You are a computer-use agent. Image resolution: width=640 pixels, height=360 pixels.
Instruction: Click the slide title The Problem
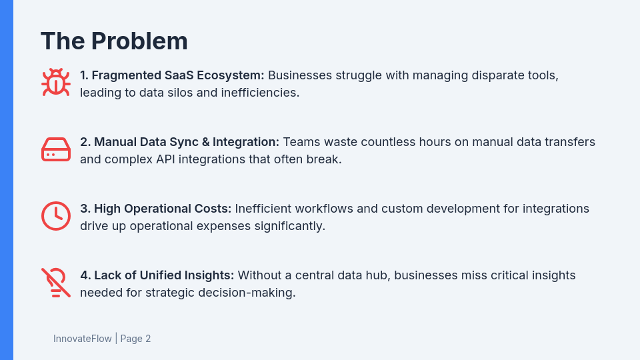(x=114, y=41)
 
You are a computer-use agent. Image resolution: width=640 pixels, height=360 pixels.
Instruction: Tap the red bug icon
(x=56, y=83)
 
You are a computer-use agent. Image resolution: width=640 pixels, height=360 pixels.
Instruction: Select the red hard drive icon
(x=56, y=149)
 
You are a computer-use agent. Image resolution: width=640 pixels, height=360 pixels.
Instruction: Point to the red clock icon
(x=56, y=216)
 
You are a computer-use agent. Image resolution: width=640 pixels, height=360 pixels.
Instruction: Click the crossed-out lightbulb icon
(x=56, y=283)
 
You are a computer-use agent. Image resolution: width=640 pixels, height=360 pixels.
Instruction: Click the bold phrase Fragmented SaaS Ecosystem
(x=172, y=75)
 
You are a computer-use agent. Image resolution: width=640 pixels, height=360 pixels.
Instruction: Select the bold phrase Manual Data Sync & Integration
(x=180, y=142)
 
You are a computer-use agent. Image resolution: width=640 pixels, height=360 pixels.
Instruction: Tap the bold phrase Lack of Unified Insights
(x=157, y=275)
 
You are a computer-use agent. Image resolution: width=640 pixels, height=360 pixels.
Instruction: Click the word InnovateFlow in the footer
(x=83, y=339)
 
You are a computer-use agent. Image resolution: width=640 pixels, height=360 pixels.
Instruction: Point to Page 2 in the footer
(x=135, y=339)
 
